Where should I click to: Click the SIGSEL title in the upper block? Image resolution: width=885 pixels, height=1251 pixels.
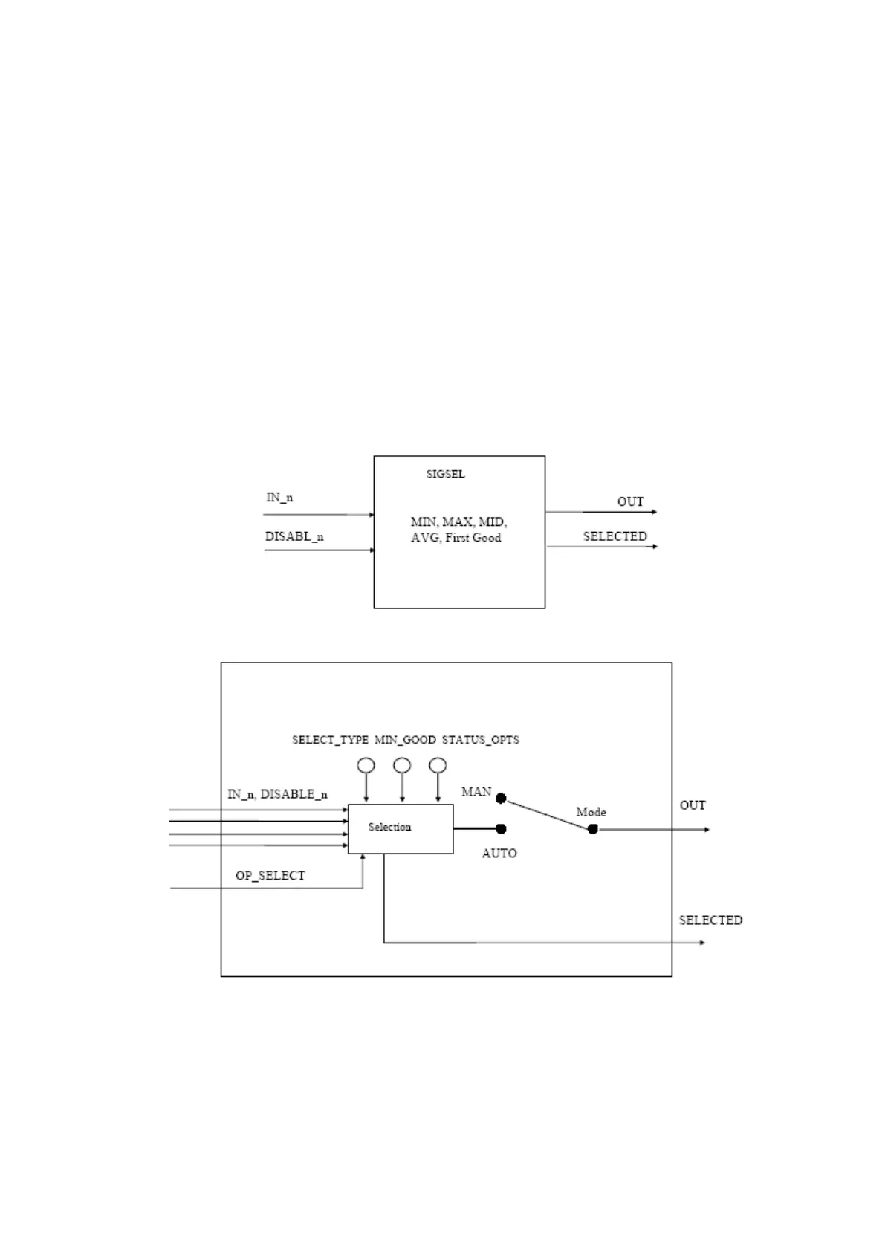[x=445, y=474]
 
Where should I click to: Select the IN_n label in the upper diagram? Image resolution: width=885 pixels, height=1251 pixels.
[x=279, y=498]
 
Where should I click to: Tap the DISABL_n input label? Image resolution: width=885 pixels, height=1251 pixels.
[x=294, y=536]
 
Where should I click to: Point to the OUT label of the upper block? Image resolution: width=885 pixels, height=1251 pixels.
[x=630, y=502]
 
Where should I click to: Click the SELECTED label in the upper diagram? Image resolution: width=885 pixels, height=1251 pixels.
[x=615, y=536]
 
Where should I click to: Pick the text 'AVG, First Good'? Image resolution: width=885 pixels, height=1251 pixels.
[x=456, y=538]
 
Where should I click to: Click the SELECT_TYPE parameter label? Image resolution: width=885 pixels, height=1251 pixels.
[x=330, y=740]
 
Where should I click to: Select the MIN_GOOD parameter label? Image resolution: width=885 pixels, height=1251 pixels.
[x=405, y=740]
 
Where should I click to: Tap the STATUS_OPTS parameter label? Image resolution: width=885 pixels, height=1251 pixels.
[x=480, y=740]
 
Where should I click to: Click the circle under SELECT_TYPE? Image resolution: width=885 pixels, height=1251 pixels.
[x=366, y=765]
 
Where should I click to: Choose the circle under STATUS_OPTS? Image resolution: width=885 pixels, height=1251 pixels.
[x=438, y=765]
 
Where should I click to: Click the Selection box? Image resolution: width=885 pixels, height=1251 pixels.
[x=401, y=828]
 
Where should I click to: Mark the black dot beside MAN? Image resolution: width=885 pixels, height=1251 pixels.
[x=501, y=799]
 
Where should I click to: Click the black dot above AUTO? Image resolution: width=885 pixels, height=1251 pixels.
[x=501, y=829]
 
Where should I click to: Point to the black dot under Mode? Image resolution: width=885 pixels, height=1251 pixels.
[x=593, y=829]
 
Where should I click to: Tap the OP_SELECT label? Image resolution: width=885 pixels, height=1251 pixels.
[x=270, y=876]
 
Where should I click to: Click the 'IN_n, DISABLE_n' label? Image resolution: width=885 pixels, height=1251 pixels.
[x=277, y=794]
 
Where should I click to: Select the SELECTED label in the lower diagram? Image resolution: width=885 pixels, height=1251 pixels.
[x=710, y=920]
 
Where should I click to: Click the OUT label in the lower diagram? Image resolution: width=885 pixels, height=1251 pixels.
[x=693, y=805]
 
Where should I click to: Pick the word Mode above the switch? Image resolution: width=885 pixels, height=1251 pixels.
[x=591, y=812]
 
